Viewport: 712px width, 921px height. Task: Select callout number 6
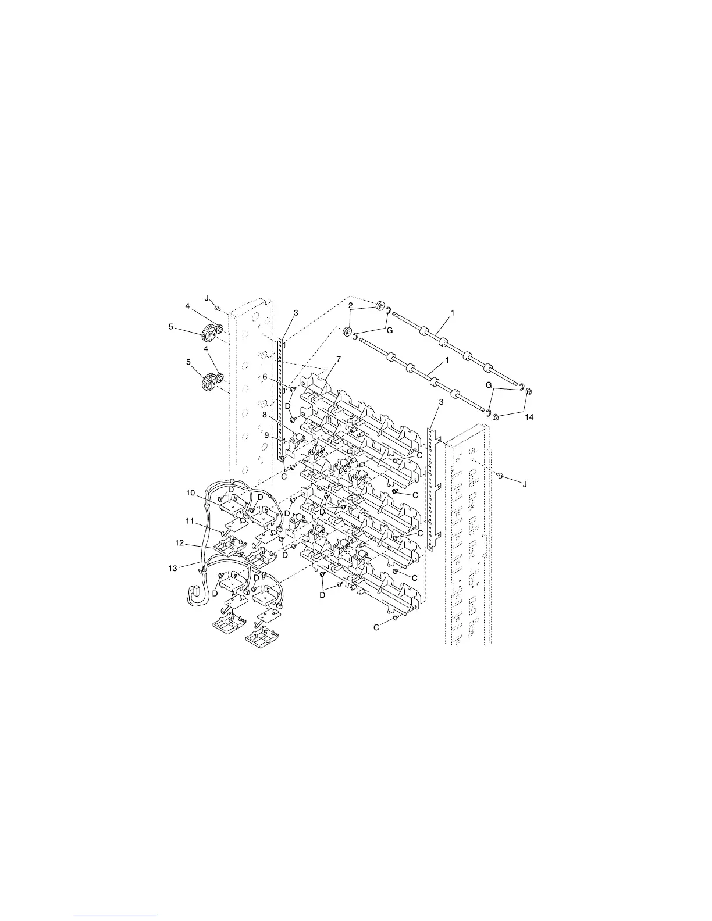[x=265, y=377]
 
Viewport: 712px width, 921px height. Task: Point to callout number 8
[x=265, y=415]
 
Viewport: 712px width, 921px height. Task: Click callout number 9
[x=267, y=435]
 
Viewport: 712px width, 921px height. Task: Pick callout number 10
[x=190, y=493]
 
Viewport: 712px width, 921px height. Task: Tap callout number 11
[x=190, y=522]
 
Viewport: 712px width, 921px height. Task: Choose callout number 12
[x=180, y=542]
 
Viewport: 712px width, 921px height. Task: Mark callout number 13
[x=173, y=567]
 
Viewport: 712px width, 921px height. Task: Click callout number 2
[x=351, y=305]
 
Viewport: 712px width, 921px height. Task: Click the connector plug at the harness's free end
[x=195, y=594]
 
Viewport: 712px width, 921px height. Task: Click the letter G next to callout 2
[x=390, y=330]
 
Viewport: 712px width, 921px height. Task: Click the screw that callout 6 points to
[x=293, y=389]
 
